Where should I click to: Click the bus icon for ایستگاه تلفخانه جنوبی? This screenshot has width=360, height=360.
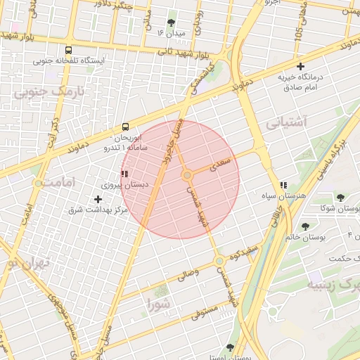click(68, 51)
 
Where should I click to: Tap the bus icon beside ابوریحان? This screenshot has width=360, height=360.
click(125, 127)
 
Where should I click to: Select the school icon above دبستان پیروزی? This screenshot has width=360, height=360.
click(124, 174)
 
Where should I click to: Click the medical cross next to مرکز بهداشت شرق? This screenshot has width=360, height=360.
click(107, 200)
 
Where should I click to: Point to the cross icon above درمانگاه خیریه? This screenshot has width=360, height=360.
click(300, 66)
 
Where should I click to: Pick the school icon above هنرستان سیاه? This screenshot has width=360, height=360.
click(283, 186)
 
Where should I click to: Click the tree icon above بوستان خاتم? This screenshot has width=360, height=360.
click(305, 226)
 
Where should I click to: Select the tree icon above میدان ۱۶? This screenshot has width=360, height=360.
click(172, 22)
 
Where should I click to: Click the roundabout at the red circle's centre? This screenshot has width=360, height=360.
click(187, 175)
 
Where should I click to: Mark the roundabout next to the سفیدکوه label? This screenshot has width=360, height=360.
click(220, 261)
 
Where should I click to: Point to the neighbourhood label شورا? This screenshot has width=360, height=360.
click(159, 304)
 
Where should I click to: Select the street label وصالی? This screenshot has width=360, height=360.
click(186, 276)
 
